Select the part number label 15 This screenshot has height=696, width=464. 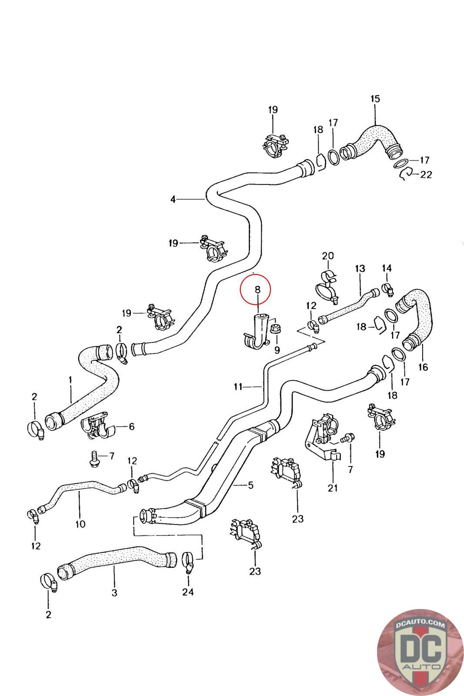click(x=375, y=99)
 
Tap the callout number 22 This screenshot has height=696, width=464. click(x=426, y=174)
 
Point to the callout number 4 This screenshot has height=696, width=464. click(x=173, y=199)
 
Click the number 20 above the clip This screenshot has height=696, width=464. click(x=327, y=255)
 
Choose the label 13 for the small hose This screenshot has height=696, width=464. click(x=361, y=269)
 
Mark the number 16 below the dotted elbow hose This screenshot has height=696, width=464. click(x=423, y=367)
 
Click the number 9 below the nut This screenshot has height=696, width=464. click(x=277, y=350)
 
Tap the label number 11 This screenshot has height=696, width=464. click(x=237, y=386)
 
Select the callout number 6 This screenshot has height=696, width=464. click(x=131, y=427)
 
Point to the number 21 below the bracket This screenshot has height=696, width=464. click(x=333, y=488)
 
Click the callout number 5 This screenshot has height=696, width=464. click(x=250, y=485)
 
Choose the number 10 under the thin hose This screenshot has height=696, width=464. click(x=80, y=524)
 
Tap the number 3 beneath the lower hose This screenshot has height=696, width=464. click(x=114, y=592)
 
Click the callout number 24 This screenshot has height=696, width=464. click(x=188, y=592)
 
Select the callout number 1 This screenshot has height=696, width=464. click(x=70, y=380)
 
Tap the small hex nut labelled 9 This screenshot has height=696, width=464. click(x=274, y=329)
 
